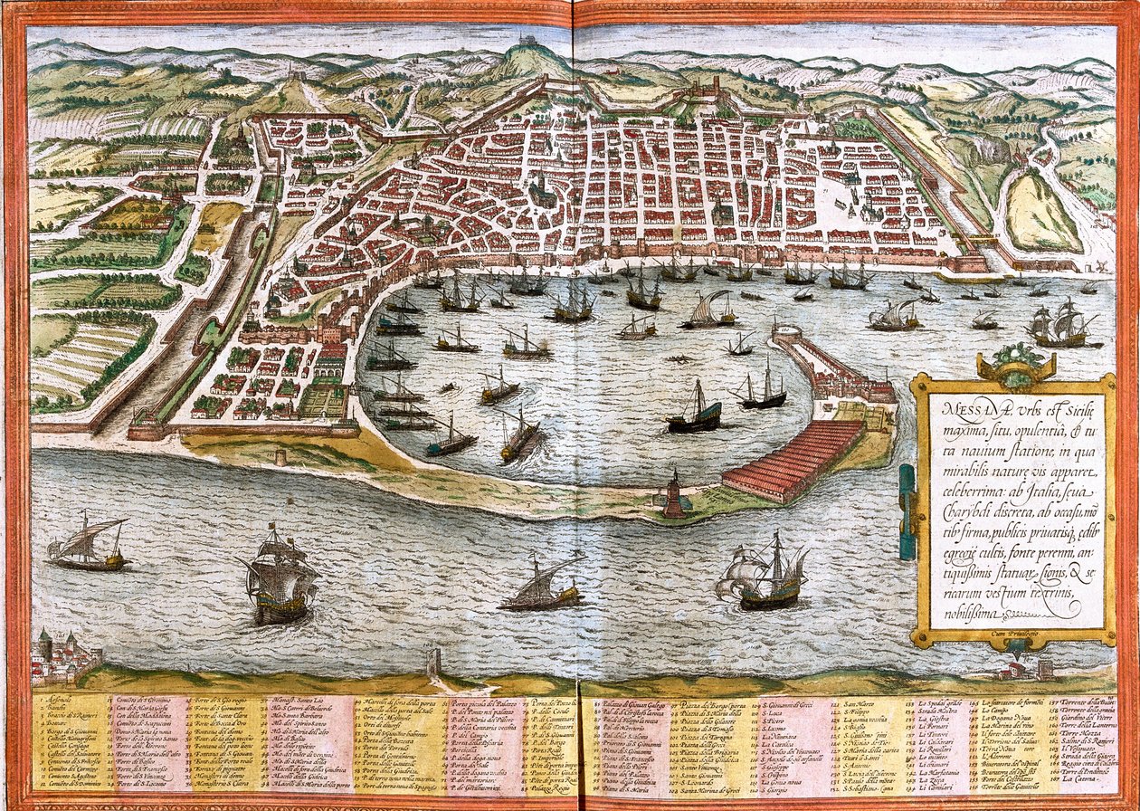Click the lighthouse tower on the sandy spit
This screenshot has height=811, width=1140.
click(x=675, y=496)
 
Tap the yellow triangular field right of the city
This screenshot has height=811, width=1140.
click(x=1040, y=213)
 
